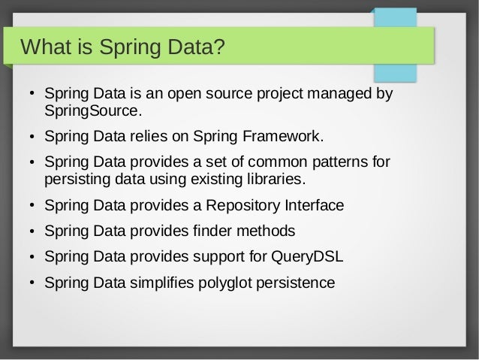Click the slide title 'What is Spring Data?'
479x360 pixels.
pyautogui.click(x=123, y=49)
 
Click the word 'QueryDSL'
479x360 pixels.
pyautogui.click(x=306, y=256)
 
